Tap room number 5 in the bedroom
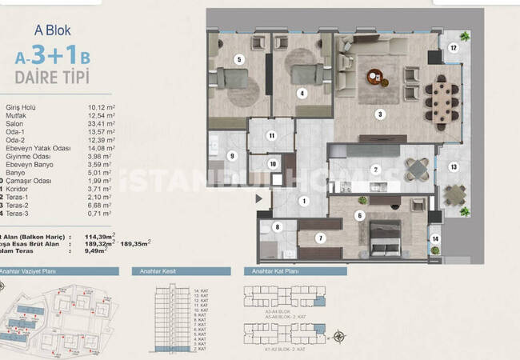pos(238,58)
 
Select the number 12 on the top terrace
pos(453,47)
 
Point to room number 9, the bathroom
pos(233,156)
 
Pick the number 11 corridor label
pos(272,136)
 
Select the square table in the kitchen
pos(416,168)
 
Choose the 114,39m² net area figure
pos(106,237)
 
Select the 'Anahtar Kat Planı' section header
pos(276,272)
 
